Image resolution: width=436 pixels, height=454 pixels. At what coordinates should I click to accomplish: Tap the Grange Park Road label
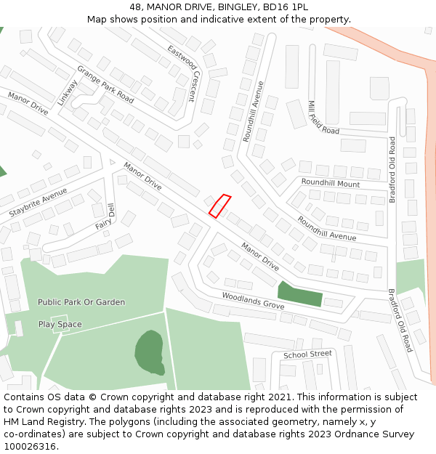105,84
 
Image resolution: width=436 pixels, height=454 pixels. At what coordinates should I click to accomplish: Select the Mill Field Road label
323,118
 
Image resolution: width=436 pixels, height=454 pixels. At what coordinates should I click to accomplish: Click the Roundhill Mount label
330,184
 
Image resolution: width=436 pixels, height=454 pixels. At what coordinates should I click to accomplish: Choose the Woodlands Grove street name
253,301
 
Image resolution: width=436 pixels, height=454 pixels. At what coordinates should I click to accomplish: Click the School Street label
307,354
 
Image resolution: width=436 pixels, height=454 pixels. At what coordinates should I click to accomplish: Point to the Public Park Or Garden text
81,302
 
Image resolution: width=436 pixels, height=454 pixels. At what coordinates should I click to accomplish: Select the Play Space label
60,324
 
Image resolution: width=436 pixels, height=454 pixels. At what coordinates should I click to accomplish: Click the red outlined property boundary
219,206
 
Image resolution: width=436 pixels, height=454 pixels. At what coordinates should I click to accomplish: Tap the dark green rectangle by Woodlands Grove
300,294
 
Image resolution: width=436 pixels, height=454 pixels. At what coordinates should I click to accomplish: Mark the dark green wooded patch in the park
150,352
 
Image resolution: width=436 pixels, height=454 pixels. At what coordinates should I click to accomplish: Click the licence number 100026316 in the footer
30,446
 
